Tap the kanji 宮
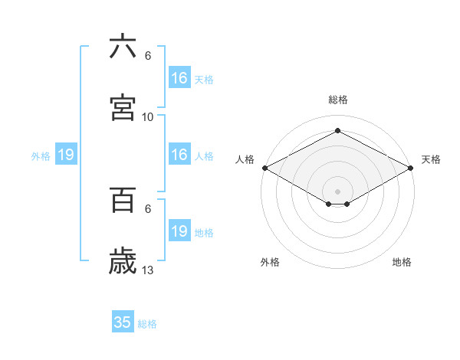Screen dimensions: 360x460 point(123,107)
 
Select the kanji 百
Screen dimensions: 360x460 point(123,200)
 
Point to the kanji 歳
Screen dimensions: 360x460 point(123,261)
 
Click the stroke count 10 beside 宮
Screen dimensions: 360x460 point(148,117)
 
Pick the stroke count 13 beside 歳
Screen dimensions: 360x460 point(148,270)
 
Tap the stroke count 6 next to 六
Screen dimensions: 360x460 point(148,56)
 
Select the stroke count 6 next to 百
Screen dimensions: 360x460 point(148,209)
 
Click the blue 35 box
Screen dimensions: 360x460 point(123,322)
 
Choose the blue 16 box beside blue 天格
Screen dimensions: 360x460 point(179,78)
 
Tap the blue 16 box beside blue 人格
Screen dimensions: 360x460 point(179,155)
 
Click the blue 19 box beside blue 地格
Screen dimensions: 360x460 point(179,231)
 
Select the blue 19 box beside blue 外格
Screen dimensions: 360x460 point(66,155)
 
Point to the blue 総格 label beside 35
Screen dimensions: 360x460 point(147,324)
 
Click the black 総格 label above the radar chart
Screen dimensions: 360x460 point(337,100)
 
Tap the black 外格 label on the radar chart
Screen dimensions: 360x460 point(270,263)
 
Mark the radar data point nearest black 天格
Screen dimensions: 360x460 point(411,169)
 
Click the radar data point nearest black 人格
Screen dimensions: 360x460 point(264,168)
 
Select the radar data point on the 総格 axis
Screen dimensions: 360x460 point(337,131)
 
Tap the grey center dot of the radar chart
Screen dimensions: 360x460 point(337,190)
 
